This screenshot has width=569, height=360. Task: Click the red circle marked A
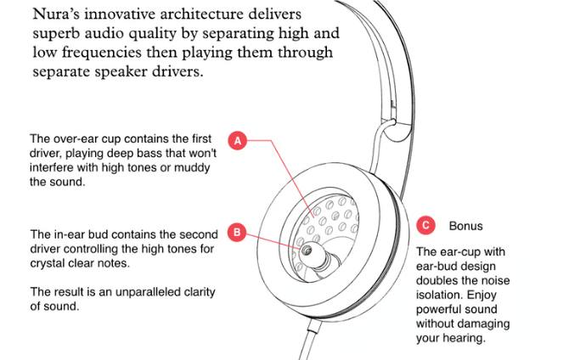(x=237, y=140)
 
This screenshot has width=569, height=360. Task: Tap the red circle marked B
(x=237, y=232)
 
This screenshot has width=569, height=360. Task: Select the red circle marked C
(x=425, y=225)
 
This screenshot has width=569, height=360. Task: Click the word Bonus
(x=466, y=226)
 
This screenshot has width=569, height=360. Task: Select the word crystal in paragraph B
(x=47, y=263)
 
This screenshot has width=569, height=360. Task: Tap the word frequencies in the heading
(x=101, y=53)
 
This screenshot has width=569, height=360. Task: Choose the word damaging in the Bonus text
(x=482, y=324)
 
